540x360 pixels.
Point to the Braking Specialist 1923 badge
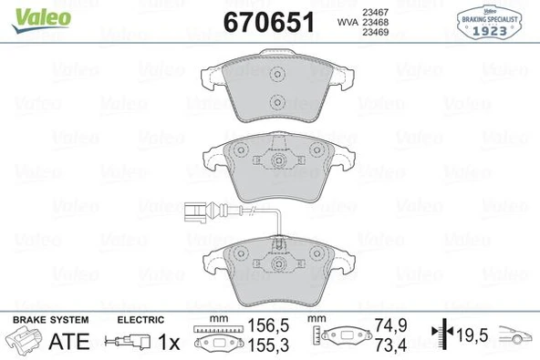(493, 21)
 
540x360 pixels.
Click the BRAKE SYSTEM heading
(49, 319)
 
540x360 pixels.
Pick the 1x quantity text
(169, 342)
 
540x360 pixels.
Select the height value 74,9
(391, 324)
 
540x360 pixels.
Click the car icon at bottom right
(519, 336)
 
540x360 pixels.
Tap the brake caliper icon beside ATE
(24, 342)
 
